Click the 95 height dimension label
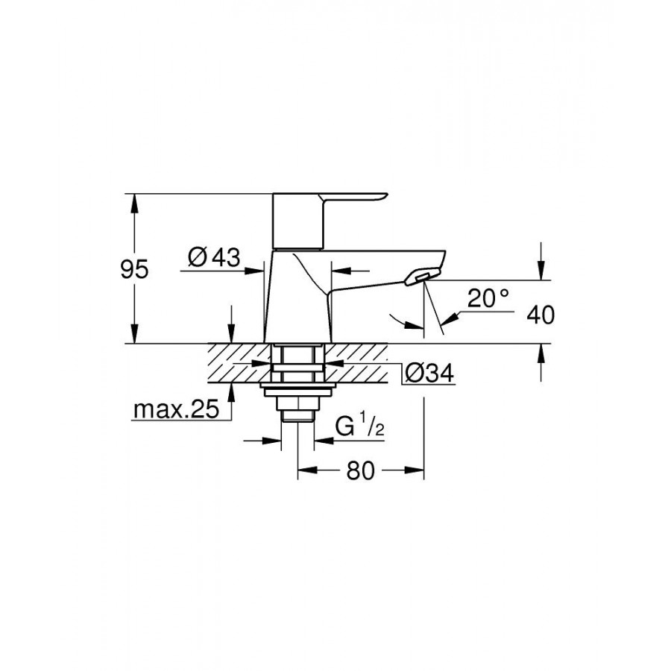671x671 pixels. coord(134,269)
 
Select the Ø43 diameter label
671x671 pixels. coord(214,257)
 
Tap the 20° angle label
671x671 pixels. coord(488,297)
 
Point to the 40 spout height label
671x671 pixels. coord(541,315)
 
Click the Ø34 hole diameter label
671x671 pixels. coord(429,374)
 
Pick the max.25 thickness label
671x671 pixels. coord(176,409)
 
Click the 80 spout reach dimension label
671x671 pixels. coord(361,470)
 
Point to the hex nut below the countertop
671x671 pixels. coord(297,403)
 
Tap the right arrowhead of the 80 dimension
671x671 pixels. coord(415,470)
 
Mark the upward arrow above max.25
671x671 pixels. coord(232,392)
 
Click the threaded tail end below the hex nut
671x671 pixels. coord(297,416)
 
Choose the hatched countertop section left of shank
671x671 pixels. coord(239,363)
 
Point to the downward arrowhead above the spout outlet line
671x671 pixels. coord(541,271)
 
